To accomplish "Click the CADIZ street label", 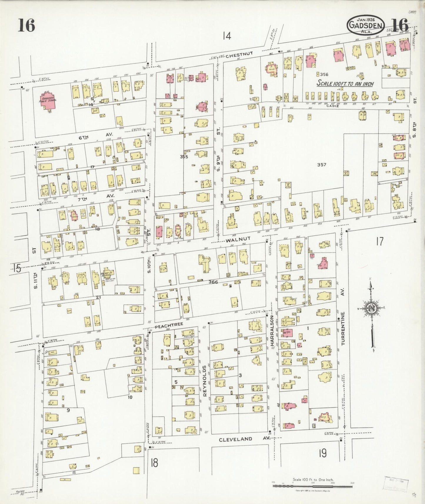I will (x=333, y=106).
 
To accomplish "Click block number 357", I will (x=321, y=165).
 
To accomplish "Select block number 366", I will (x=213, y=282).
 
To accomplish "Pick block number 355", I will (x=184, y=157).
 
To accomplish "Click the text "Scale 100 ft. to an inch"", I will (x=345, y=84).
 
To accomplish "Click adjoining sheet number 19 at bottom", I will (x=322, y=453).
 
